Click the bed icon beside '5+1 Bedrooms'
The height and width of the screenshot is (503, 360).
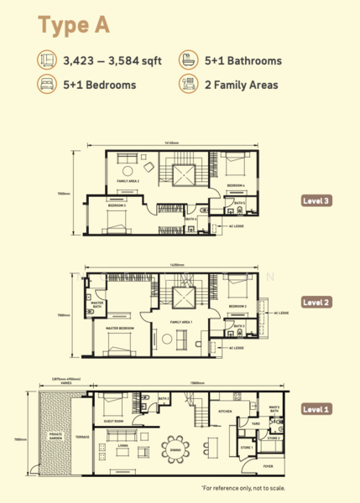click(45, 84)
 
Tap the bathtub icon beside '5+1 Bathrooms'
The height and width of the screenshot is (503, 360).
click(185, 61)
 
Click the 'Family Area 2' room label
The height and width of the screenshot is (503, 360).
click(127, 180)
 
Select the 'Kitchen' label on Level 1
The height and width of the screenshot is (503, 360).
click(226, 412)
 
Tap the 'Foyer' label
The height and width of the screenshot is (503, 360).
click(268, 466)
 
